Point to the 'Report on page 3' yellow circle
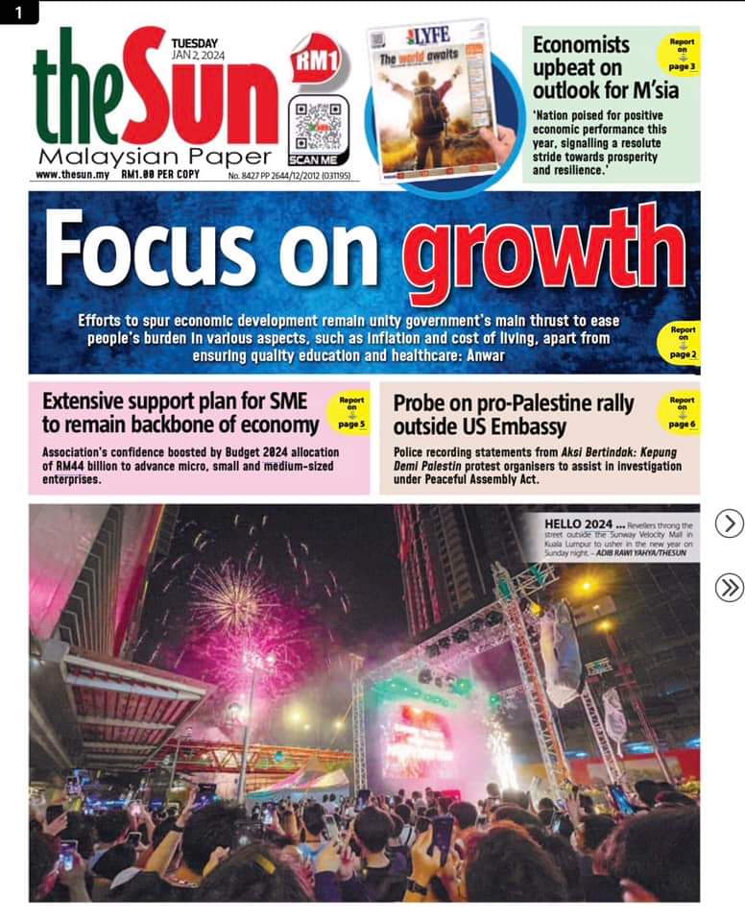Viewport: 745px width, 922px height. click(x=680, y=54)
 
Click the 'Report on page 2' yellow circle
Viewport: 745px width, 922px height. click(x=683, y=342)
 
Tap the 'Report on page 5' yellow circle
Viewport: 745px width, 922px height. click(x=351, y=411)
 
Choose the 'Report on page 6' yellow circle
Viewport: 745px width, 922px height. click(x=682, y=411)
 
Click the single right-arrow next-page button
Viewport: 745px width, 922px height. click(x=730, y=523)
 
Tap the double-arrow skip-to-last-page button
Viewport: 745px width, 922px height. click(x=730, y=587)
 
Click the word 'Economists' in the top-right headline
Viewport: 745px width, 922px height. click(x=581, y=44)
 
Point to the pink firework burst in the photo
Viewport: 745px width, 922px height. click(x=230, y=600)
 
